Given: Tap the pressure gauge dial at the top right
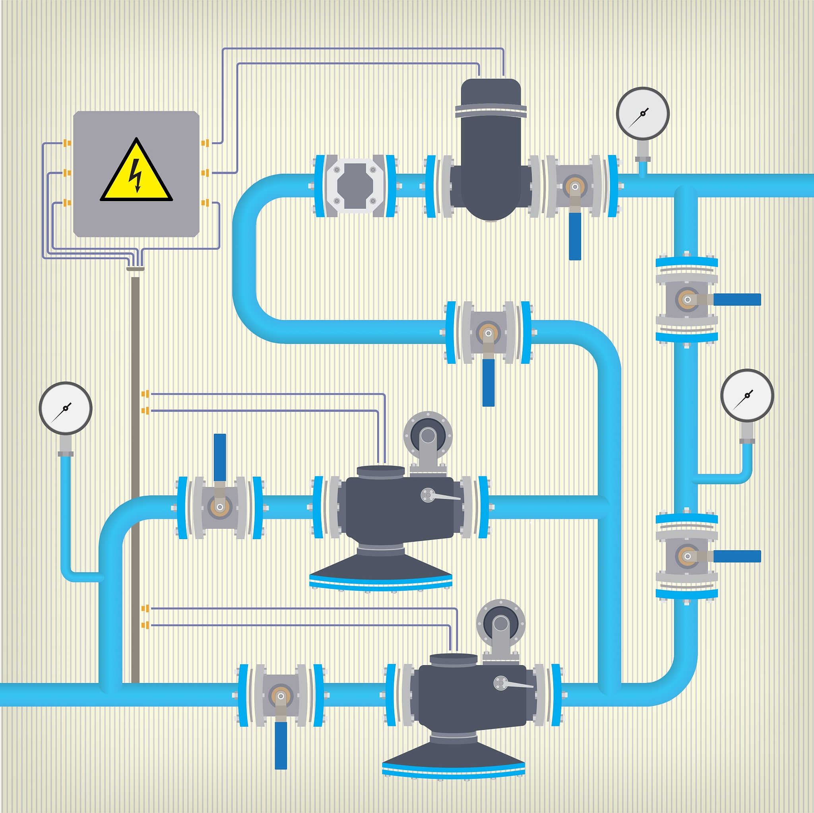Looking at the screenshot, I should click(x=643, y=113).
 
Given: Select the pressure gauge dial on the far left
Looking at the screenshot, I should click(x=65, y=408).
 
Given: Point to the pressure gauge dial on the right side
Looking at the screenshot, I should click(x=747, y=395).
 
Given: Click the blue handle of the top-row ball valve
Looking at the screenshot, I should click(x=575, y=236).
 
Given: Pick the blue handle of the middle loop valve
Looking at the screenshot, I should click(x=488, y=382).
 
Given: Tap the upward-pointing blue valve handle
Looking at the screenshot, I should click(x=220, y=457).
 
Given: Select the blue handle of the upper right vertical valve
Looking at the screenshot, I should click(x=737, y=300).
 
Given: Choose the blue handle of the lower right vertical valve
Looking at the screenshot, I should click(x=737, y=556).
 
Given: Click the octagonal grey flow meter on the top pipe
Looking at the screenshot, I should click(x=355, y=186).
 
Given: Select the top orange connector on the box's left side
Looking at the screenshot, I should click(x=66, y=143).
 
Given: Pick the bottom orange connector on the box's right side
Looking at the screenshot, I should click(x=205, y=203).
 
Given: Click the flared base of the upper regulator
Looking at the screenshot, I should click(x=380, y=569).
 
